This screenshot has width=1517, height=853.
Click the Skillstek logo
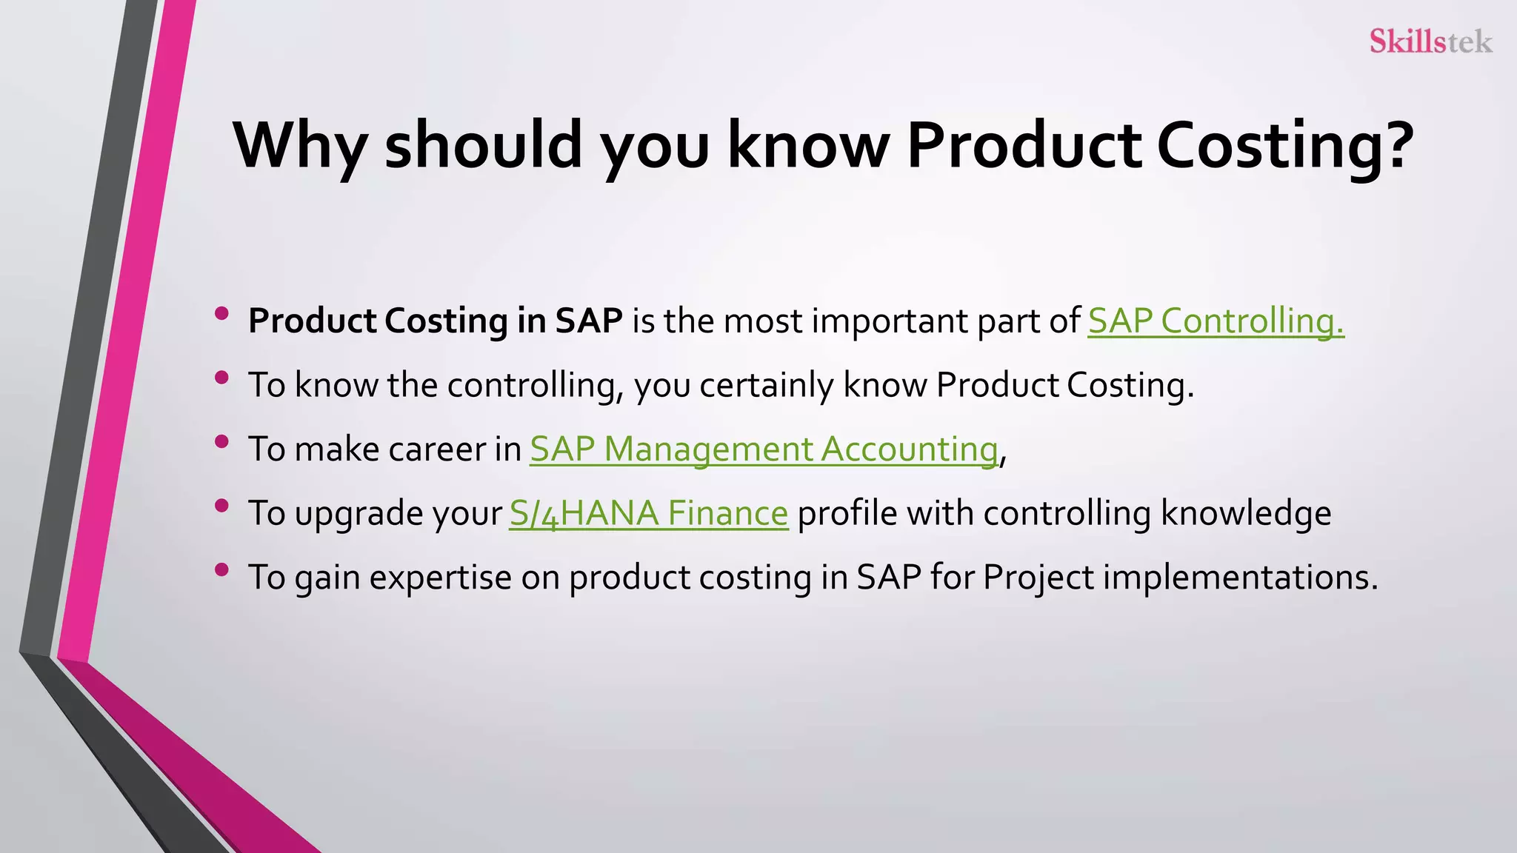1430,41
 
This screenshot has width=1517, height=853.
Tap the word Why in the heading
299,145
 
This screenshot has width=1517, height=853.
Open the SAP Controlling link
1216,321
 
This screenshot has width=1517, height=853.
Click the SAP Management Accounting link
764,449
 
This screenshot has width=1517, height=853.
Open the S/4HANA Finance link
648,513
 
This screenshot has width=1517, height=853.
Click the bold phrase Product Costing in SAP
435,321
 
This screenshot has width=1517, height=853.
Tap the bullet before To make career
221,442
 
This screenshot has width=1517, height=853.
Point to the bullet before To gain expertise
221,570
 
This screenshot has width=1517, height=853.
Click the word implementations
1240,578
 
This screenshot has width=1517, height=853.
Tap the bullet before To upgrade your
221,506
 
